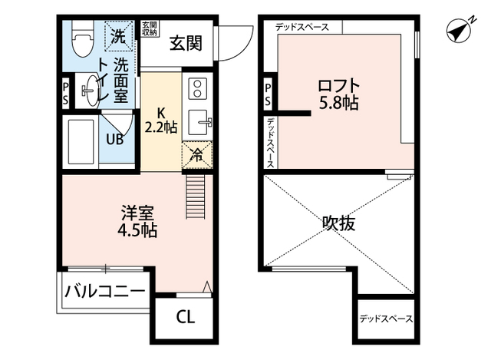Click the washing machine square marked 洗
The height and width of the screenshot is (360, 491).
point(119,34)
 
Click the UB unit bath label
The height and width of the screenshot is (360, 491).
point(115,139)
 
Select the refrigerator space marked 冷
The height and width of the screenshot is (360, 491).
point(196,153)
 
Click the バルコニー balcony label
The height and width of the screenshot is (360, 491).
point(104,291)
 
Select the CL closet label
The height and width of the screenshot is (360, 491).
point(185,315)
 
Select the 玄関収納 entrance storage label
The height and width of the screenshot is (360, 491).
point(149,29)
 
